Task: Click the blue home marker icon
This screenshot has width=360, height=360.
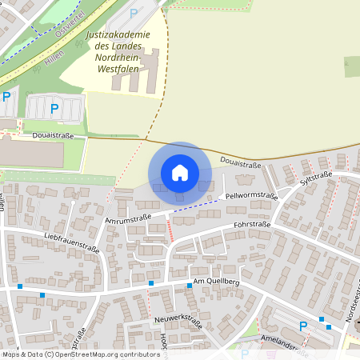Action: click(x=180, y=172)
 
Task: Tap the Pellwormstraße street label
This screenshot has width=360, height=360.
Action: click(x=251, y=196)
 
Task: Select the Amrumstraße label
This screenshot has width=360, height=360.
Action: click(x=128, y=218)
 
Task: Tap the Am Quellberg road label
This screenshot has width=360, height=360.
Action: click(x=216, y=283)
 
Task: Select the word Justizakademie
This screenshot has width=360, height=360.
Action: click(x=121, y=36)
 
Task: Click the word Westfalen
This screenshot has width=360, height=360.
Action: click(x=118, y=69)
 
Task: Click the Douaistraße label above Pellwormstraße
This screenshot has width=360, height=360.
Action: click(x=241, y=163)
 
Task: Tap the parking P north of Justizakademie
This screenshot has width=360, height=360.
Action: click(x=134, y=13)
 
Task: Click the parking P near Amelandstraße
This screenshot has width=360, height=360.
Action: click(x=302, y=326)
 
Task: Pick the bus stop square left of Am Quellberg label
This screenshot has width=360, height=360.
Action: click(x=150, y=283)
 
